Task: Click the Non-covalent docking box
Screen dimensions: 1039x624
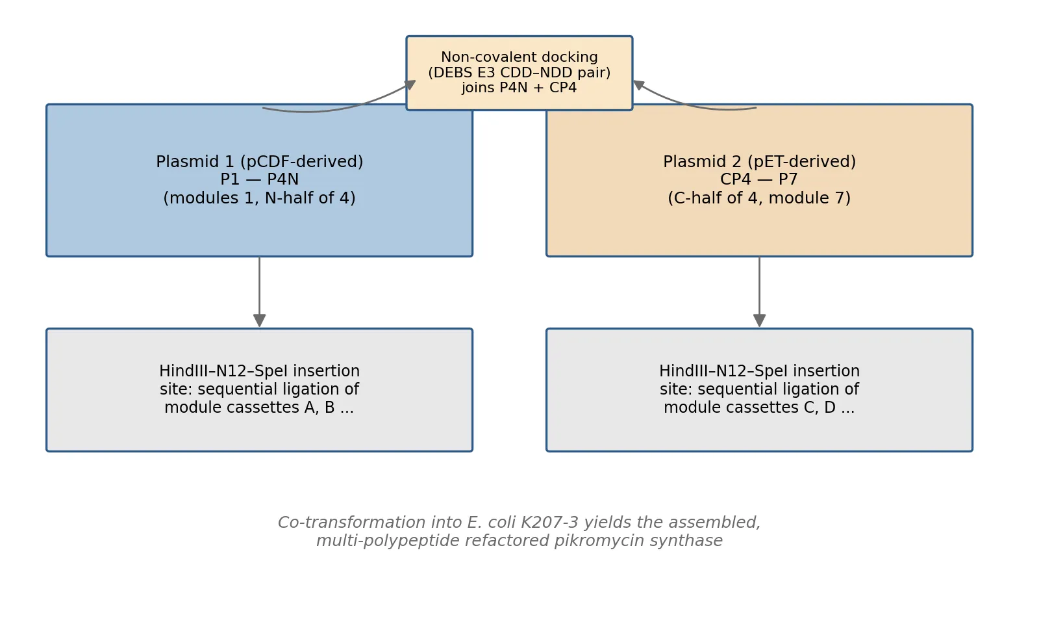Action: (x=519, y=73)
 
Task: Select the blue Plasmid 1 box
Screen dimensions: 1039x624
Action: (x=259, y=180)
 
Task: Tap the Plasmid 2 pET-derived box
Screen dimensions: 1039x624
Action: (x=759, y=180)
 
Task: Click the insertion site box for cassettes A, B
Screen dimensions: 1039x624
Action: (x=259, y=390)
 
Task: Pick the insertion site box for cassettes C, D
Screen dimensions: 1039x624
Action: (x=759, y=390)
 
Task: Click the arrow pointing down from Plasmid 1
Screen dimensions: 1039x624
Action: (x=259, y=292)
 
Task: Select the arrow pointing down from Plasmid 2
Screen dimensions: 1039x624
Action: (x=759, y=292)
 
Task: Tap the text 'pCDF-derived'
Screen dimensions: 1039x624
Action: (x=301, y=162)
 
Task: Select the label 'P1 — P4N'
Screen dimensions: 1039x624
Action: (x=259, y=179)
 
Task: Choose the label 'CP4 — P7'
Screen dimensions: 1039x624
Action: (x=759, y=179)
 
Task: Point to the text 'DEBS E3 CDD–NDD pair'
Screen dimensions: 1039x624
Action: (x=519, y=72)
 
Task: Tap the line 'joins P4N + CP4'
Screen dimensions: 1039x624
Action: (x=519, y=88)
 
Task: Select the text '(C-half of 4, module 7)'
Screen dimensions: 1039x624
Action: (x=759, y=198)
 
